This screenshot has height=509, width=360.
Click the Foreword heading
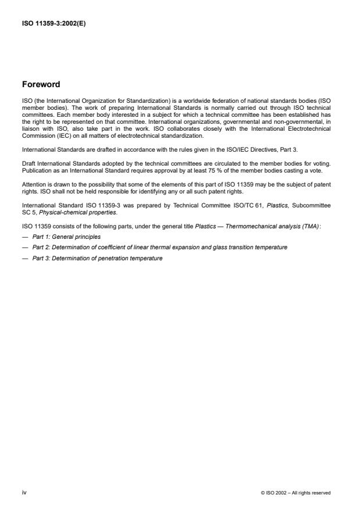tap(41, 84)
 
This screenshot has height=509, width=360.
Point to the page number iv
tap(24, 492)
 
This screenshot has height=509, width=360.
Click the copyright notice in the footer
tap(295, 493)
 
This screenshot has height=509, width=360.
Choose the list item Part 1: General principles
tap(66, 236)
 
